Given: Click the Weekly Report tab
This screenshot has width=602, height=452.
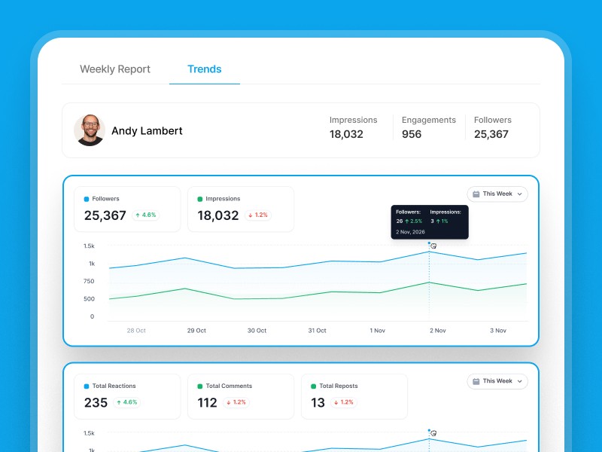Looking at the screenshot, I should (x=115, y=69).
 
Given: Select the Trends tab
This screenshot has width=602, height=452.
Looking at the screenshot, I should (x=204, y=69).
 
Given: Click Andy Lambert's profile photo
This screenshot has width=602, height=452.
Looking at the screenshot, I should (x=90, y=130).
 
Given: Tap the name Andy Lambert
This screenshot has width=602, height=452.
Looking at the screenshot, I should (x=147, y=131).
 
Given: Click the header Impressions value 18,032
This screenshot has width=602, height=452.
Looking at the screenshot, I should (x=346, y=134).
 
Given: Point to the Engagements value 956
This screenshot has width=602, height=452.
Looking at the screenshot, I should (x=412, y=134).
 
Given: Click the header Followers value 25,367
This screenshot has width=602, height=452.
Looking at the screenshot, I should (x=491, y=134).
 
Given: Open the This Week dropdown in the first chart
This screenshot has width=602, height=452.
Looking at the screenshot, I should (x=497, y=194).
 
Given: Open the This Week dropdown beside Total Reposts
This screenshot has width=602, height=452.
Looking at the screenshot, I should (x=497, y=381).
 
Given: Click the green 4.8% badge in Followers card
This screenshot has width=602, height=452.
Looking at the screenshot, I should (x=145, y=215).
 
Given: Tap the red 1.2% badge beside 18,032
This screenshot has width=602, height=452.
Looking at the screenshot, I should (x=257, y=215).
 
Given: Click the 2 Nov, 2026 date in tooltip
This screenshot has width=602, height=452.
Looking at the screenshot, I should (x=411, y=232).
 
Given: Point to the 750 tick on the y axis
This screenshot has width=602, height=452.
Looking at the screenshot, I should (x=89, y=281).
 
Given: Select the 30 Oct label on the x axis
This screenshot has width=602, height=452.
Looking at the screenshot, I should (x=257, y=331).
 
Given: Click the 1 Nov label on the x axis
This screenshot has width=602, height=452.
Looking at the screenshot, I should (x=378, y=331).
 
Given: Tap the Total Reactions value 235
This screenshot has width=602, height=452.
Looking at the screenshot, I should (x=96, y=402).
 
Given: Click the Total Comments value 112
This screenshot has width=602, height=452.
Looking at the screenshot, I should (x=207, y=402).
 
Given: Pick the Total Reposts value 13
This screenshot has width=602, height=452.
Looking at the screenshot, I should (x=318, y=402).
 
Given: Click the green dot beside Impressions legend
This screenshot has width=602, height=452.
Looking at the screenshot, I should (x=199, y=199).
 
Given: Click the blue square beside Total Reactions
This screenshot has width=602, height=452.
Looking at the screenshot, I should (x=87, y=386).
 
